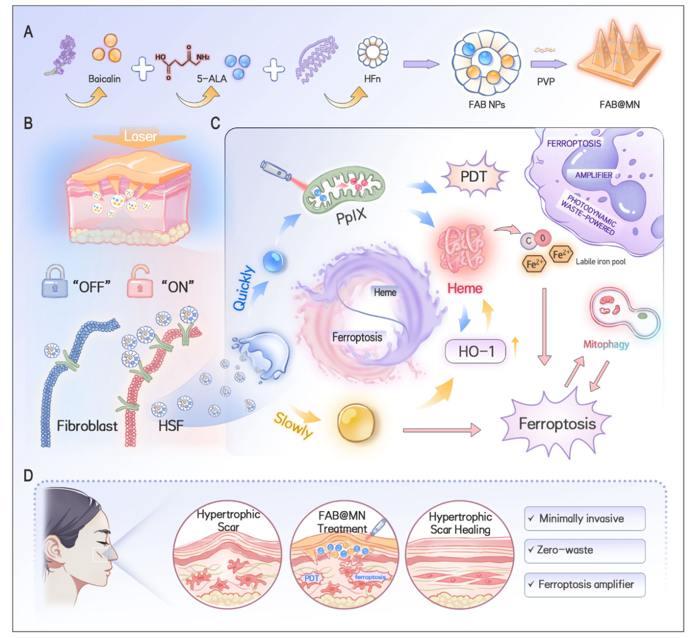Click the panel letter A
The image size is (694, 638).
coord(28,32)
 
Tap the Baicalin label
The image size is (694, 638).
coord(104,79)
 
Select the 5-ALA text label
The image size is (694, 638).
coord(212,79)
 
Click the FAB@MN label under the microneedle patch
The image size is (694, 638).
coord(619,104)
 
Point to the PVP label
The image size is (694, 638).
coord(545,81)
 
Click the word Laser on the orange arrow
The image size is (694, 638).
coord(140,136)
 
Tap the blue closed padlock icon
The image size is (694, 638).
coord(54,282)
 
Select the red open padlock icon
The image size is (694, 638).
coord(140,282)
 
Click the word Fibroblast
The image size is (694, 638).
coord(87,426)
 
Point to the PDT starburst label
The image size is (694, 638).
coord(474,177)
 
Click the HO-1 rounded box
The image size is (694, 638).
coord(475,352)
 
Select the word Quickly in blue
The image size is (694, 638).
coord(243,288)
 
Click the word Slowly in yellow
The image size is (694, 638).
coord(294,425)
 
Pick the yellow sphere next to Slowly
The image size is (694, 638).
coord(356,423)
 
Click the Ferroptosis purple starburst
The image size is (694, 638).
coord(557,424)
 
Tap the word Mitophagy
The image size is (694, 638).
coord(606,344)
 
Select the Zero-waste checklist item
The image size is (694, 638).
coord(584,551)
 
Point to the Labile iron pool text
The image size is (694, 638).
coord(600,262)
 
